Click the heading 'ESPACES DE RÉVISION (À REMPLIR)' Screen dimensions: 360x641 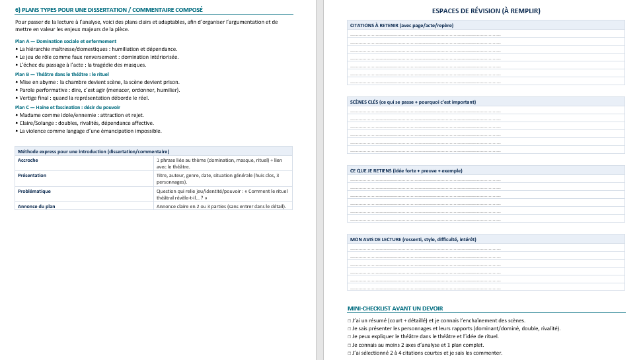[x=486, y=11]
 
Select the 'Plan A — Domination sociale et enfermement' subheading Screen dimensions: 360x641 [x=65, y=41]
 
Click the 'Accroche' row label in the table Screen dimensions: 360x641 [x=28, y=161]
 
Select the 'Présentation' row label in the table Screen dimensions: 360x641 [x=32, y=176]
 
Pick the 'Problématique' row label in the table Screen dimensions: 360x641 [x=34, y=191]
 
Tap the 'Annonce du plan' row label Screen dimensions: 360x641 [x=36, y=206]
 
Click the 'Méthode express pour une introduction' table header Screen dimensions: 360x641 [x=93, y=151]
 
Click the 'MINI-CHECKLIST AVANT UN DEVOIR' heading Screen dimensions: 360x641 [x=395, y=308]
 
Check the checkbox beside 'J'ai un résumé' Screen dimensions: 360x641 [x=349, y=320]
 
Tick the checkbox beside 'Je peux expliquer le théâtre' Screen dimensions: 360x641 [x=349, y=336]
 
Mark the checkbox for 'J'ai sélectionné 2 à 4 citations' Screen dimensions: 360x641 [x=349, y=353]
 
